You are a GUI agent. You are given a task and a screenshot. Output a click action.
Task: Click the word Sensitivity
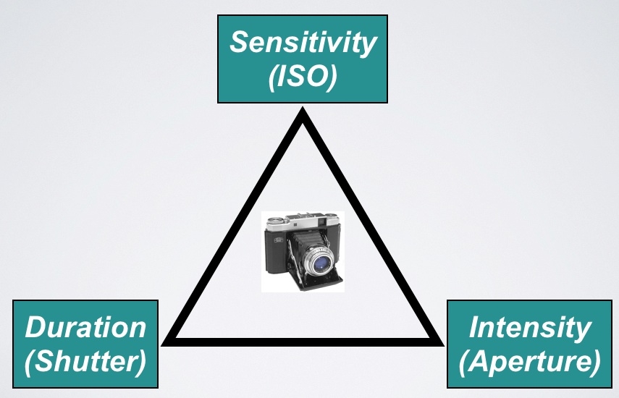[303, 43]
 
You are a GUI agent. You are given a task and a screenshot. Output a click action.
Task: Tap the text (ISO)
[303, 77]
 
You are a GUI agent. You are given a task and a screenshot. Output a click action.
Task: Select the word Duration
[85, 327]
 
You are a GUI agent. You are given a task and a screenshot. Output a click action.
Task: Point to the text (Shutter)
[85, 360]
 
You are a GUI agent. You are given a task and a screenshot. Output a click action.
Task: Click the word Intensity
[529, 327]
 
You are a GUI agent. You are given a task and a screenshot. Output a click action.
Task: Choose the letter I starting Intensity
[474, 327]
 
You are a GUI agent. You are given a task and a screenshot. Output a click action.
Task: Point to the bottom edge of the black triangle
[303, 339]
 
